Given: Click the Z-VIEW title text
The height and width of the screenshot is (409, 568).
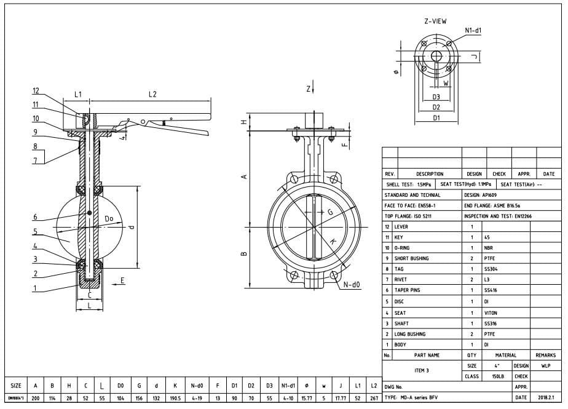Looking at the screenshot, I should (435, 21).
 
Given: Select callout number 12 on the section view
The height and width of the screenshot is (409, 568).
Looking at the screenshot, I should (36, 92).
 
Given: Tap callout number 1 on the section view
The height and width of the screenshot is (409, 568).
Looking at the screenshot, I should (35, 287).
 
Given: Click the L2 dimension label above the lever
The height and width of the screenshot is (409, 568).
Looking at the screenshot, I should (152, 94).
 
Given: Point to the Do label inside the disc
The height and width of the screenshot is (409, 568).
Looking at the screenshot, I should (109, 218).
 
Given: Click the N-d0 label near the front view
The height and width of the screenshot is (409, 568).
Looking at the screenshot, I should (352, 284).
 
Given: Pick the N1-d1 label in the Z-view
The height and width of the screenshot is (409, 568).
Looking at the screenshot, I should (473, 30).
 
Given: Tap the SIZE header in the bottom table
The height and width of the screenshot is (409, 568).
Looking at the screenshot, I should (17, 386).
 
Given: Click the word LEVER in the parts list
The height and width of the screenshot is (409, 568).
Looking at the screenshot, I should (401, 227).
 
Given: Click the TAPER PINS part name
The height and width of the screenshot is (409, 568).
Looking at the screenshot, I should (407, 290).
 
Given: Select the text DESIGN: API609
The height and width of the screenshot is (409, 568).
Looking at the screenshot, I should (482, 195).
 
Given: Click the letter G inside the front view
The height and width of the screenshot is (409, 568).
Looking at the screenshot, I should (329, 212).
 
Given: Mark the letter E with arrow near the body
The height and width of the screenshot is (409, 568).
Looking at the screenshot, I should (122, 280).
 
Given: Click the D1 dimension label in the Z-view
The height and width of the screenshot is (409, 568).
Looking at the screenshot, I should (436, 117).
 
